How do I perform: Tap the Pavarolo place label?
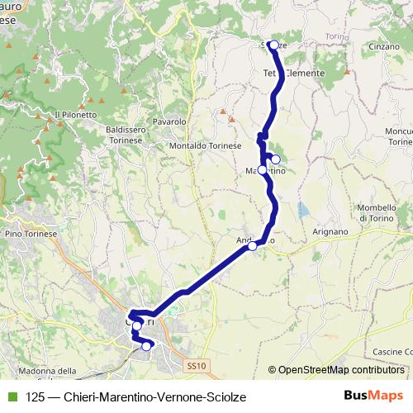click(x=170, y=121)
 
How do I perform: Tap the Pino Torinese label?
click(x=31, y=235)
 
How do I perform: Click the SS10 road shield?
click(x=195, y=364)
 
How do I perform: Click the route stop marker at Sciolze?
click(x=273, y=45)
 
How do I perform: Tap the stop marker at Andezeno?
click(x=253, y=245)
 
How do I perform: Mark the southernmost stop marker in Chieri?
click(x=146, y=347)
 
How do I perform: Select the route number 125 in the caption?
click(x=34, y=396)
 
